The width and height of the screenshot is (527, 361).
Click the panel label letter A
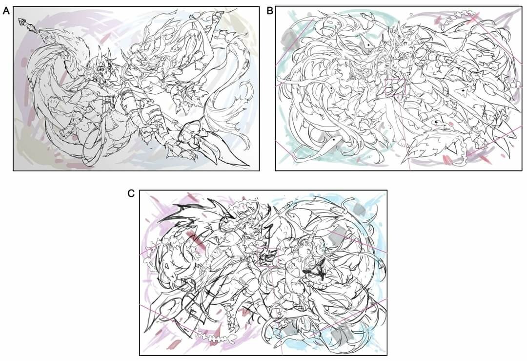click(x=6, y=11)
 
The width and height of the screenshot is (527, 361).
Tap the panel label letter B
click(x=269, y=11)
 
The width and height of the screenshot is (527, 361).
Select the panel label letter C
click(x=131, y=193)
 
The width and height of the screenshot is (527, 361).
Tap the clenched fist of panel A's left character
click(x=65, y=131)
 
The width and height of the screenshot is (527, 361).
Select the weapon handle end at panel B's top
click(x=365, y=16)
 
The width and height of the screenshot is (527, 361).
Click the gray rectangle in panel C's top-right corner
click(x=360, y=209)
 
